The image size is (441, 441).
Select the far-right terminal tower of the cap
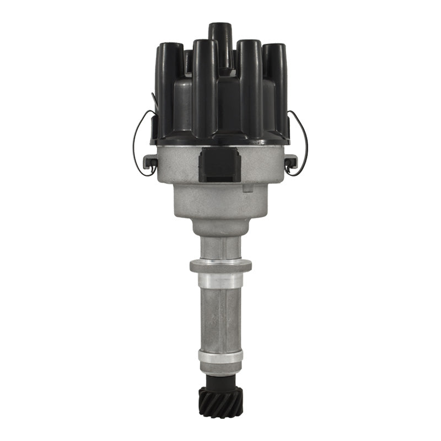tap(274, 83)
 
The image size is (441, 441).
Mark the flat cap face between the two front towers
tap(227, 110)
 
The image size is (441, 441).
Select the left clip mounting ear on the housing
tap(149, 162)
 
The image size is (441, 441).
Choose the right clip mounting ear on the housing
tap(291, 162)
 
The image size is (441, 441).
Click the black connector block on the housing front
tap(220, 164)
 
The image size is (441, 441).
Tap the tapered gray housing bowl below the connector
tap(220, 204)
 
